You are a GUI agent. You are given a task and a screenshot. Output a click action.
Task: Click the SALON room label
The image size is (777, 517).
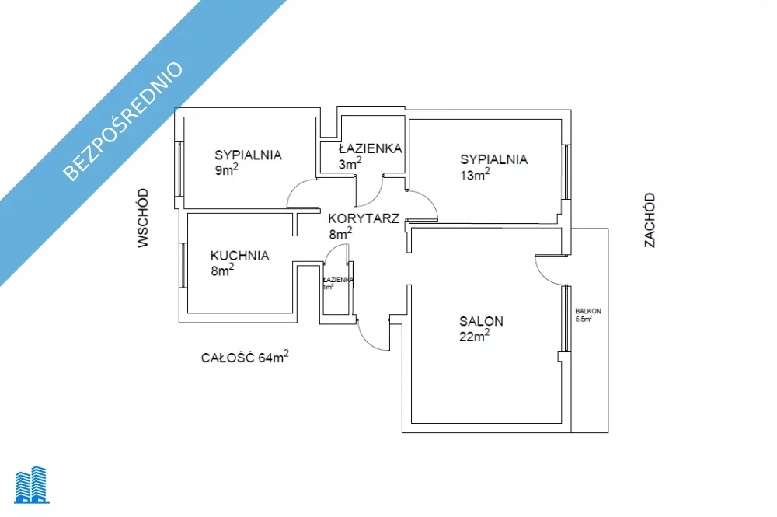click(x=481, y=320)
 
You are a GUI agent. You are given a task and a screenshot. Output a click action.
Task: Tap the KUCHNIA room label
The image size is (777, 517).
click(x=239, y=255)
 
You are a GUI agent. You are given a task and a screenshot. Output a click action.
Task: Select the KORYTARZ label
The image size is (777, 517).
click(x=364, y=218)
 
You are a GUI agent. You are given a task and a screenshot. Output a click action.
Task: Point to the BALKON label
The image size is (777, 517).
click(x=588, y=311)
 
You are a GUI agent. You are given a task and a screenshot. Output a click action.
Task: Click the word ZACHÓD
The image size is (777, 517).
click(x=650, y=220)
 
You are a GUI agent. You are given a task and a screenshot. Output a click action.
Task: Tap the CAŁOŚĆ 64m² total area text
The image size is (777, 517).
click(x=245, y=358)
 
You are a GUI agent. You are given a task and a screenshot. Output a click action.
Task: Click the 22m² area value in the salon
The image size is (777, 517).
click(x=474, y=336)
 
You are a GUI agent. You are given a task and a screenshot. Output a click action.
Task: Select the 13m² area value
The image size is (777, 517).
click(x=475, y=175)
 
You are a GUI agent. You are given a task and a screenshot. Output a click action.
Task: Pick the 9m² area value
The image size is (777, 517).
click(x=226, y=170)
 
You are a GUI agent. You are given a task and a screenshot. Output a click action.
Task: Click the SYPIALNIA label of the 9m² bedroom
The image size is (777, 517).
click(x=248, y=155)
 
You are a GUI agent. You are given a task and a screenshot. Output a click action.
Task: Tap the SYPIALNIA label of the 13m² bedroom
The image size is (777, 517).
click(x=493, y=159)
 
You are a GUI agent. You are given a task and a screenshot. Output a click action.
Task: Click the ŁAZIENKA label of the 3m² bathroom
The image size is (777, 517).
click(x=370, y=148)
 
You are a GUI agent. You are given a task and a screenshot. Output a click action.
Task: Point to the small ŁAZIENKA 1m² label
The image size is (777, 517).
click(x=338, y=282)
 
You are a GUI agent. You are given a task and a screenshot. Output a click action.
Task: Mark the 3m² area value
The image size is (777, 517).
click(x=350, y=164)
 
